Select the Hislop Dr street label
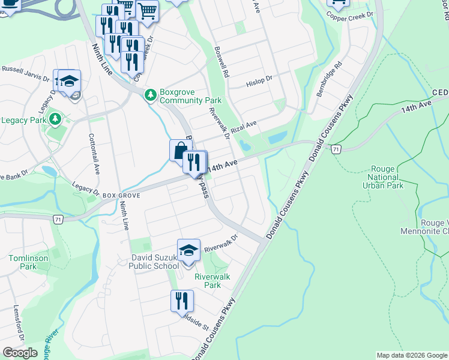click(x=261, y=79)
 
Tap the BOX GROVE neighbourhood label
click(x=121, y=196)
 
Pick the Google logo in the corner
click(x=20, y=353)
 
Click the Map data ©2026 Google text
click(x=411, y=355)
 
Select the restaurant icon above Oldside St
click(x=181, y=300)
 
